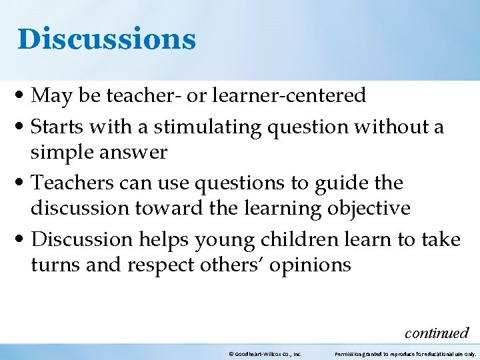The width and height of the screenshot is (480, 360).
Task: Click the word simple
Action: click(x=62, y=153)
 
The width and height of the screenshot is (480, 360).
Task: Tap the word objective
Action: click(x=369, y=209)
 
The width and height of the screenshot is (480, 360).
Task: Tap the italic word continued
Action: click(x=437, y=332)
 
